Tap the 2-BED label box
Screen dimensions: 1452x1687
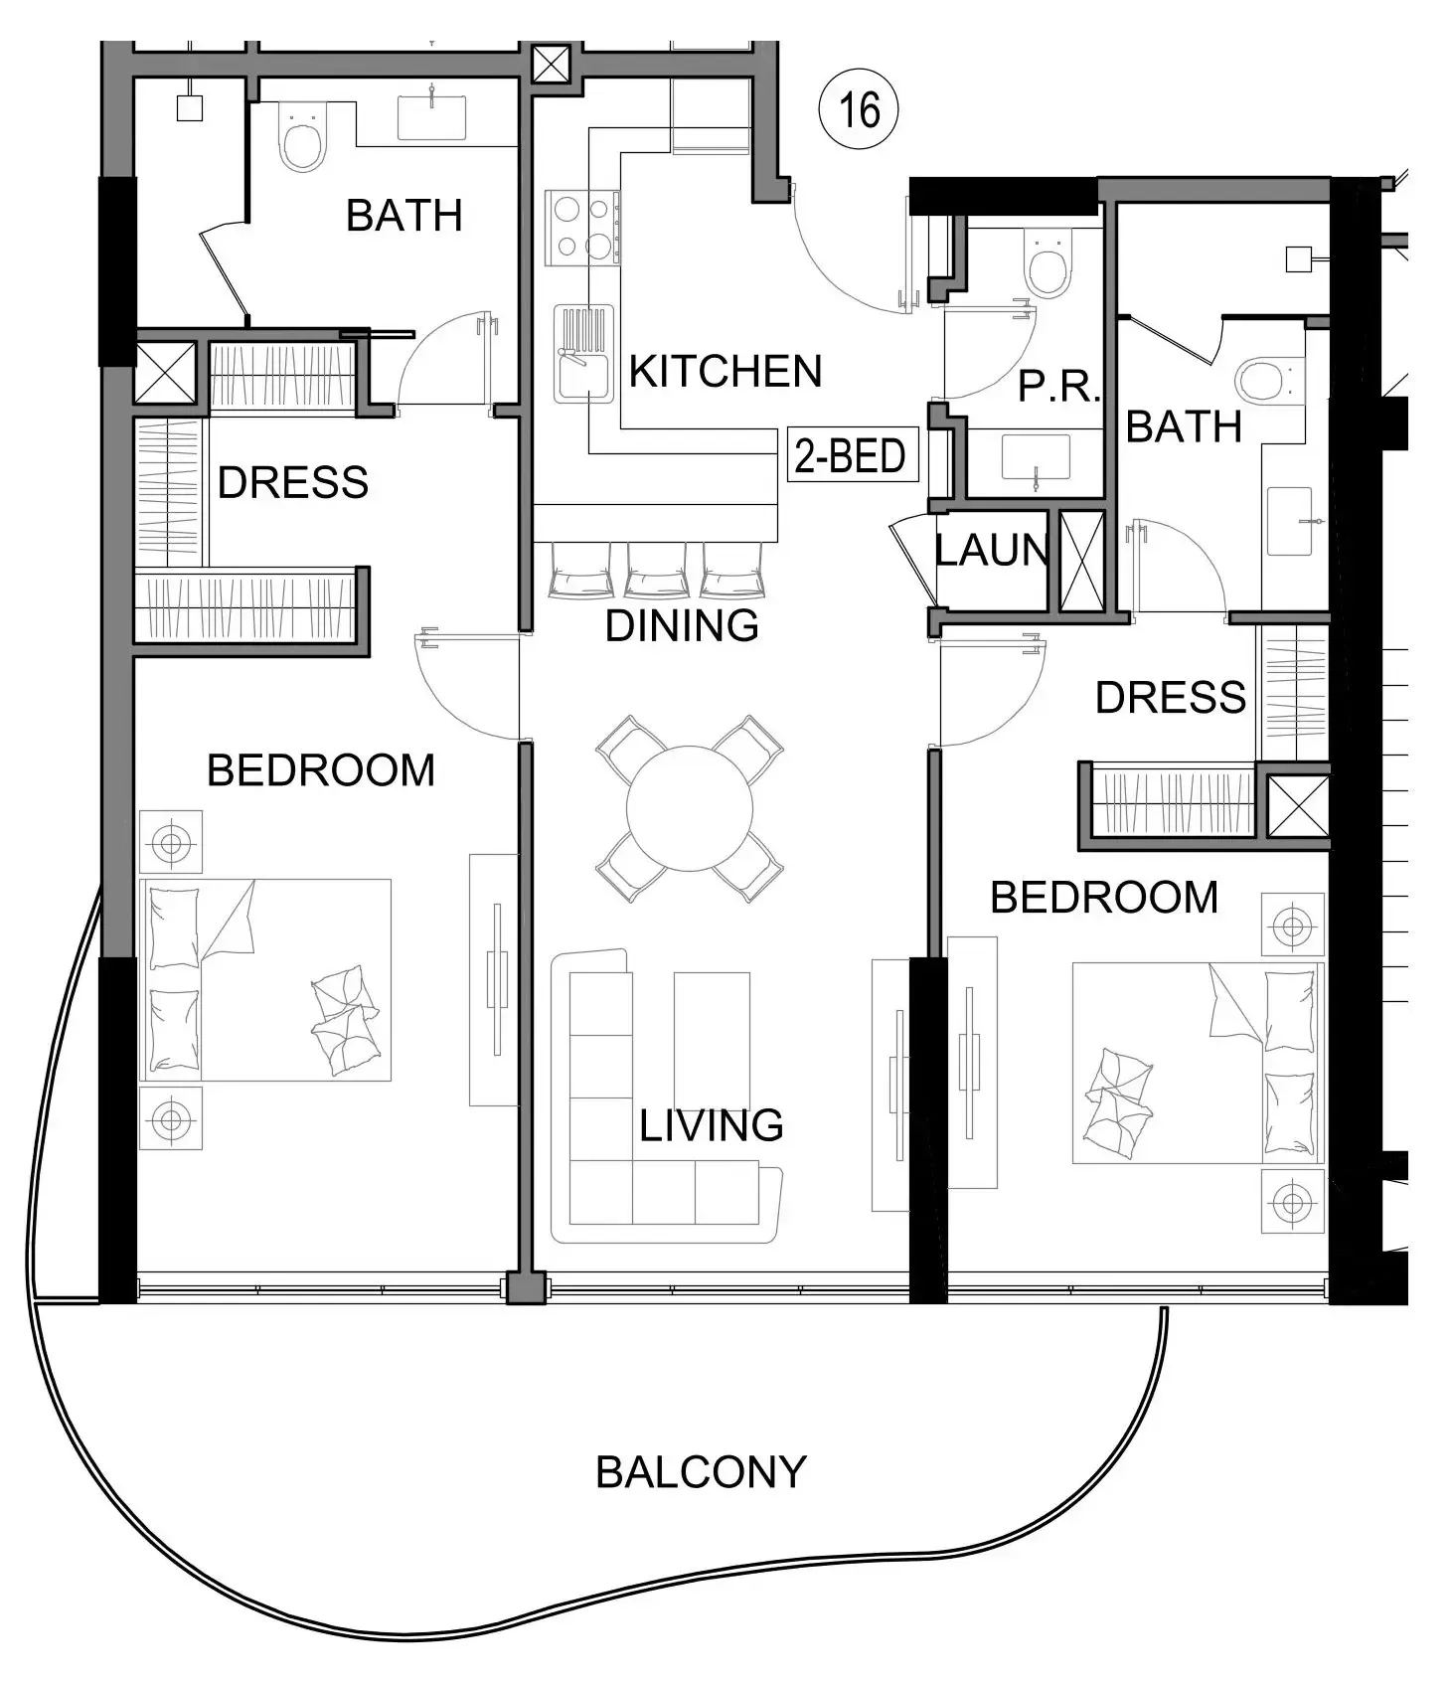(852, 455)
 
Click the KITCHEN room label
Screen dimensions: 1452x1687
(726, 372)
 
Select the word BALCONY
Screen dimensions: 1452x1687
(701, 1472)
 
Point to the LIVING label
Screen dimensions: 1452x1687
(712, 1125)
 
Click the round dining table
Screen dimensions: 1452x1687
(689, 808)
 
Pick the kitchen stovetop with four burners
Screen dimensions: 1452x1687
(582, 228)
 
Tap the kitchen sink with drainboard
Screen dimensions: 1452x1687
(583, 354)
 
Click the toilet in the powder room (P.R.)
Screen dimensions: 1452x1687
(1048, 261)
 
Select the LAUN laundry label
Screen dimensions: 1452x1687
(992, 550)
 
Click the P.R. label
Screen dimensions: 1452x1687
(1058, 386)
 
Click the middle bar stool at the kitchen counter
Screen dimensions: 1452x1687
(656, 571)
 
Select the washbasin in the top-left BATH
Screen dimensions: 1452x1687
(432, 116)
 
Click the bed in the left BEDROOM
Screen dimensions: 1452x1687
(265, 980)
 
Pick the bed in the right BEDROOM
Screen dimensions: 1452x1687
(1198, 1063)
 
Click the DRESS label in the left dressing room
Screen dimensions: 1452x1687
(293, 483)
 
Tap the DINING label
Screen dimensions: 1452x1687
(682, 626)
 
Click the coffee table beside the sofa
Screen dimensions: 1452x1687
(712, 1040)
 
